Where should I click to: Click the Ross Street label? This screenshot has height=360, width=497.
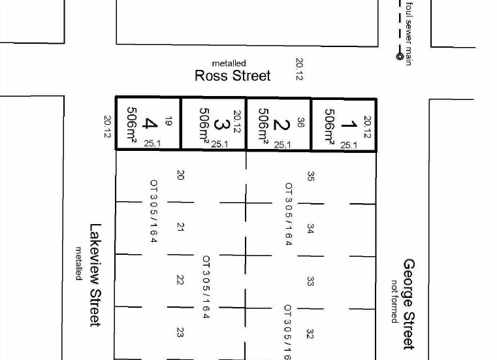pos(232,76)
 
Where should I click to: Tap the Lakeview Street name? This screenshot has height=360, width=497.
pos(95,275)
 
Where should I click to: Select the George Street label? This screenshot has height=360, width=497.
pos(409,304)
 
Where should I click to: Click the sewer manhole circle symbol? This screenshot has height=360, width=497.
pos(400,56)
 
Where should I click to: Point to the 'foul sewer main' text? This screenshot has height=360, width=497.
pos(409,34)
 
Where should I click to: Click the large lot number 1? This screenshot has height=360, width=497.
pos(349,124)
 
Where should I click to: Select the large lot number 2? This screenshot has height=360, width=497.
pos(281,125)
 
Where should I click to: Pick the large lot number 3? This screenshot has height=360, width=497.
pos(221,124)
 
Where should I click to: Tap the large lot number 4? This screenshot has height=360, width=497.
pos(150,123)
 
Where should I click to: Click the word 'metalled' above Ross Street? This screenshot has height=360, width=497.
pos(229,63)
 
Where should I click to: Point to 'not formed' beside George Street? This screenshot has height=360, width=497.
pos(394,301)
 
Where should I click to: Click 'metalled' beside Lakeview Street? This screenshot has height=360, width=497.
pos(78,263)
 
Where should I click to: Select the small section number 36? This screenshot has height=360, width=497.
pos(300,122)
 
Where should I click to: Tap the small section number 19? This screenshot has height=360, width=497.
pos(168,121)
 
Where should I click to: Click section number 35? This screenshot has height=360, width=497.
pos(311,176)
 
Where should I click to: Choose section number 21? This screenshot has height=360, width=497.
pos(180,227)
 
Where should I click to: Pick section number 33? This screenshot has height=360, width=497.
pos(310,282)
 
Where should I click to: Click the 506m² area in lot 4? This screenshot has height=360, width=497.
pos(132,124)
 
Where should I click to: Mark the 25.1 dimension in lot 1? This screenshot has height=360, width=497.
pos(349,145)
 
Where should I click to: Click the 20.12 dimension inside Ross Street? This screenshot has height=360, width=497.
pos(299,69)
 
